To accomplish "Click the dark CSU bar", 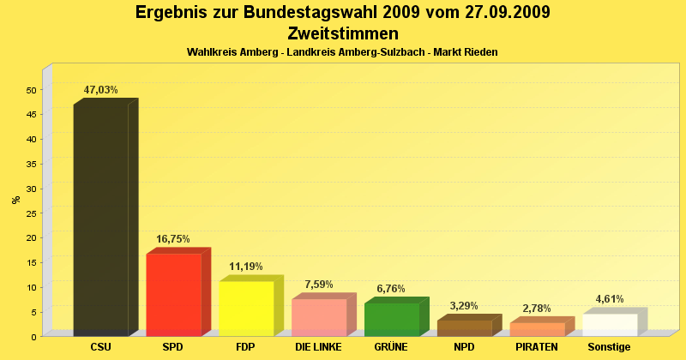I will tap(101, 220).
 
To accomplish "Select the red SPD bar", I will tap(173, 295).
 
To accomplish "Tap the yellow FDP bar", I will tap(246, 309).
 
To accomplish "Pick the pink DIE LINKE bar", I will tap(319, 317).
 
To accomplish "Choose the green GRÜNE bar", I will tap(392, 320).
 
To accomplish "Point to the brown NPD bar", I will tap(465, 328).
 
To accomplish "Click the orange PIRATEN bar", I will tap(538, 329).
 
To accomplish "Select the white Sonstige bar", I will tap(611, 325).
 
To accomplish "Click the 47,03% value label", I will tap(100, 90).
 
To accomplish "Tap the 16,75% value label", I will tap(173, 239).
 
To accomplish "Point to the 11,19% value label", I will tap(246, 267).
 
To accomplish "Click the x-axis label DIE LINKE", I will tap(318, 347).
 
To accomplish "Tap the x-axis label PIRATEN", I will tap(537, 347).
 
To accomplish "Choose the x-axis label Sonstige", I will tap(610, 347).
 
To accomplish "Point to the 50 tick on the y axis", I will tap(31, 90).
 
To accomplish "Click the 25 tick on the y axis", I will tap(31, 213).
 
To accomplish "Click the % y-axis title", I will tap(15, 200).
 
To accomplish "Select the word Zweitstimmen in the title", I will tap(343, 34).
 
